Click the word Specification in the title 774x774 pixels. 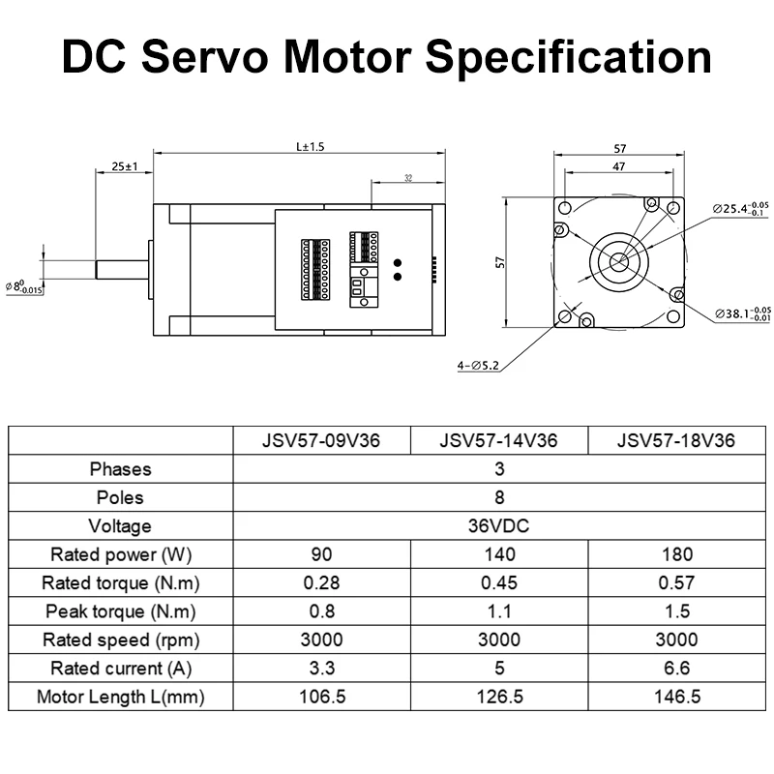(x=568, y=58)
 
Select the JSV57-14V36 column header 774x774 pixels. (x=498, y=440)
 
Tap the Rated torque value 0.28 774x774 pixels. (x=321, y=582)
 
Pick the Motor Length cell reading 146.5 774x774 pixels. (x=676, y=697)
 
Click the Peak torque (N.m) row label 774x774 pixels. (x=120, y=611)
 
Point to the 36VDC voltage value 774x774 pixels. (x=498, y=525)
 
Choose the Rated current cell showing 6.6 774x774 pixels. (x=676, y=668)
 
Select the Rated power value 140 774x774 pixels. (x=499, y=554)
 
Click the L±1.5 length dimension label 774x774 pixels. (x=310, y=147)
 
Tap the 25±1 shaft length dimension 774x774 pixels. (x=125, y=166)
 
